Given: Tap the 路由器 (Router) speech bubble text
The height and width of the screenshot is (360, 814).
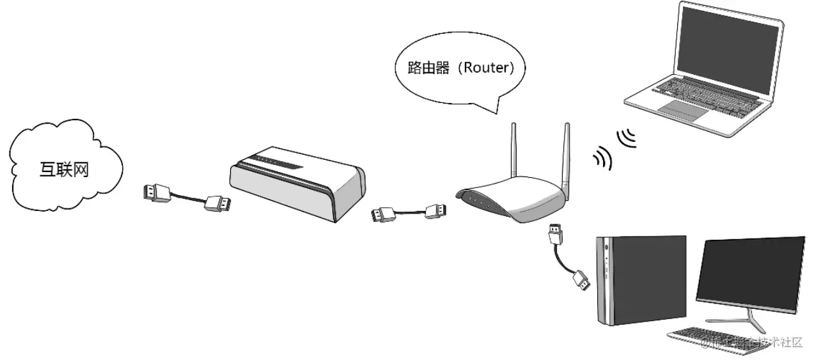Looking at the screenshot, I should pos(460,67).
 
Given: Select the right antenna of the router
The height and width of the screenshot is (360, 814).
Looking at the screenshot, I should pos(566,153).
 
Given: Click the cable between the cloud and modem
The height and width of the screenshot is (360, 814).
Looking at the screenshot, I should pos(187,198).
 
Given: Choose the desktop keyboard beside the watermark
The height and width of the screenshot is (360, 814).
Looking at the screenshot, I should pos(703,337).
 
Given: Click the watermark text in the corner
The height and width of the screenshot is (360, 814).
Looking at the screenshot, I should pos(751,343).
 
